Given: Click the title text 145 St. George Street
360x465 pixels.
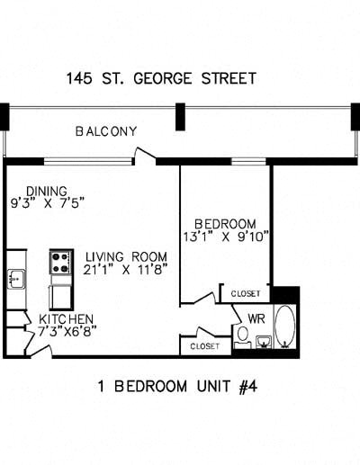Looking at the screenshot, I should pos(160,78).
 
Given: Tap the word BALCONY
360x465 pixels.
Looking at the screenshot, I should pos(106,131).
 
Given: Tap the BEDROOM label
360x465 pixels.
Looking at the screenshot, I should pos(226,224).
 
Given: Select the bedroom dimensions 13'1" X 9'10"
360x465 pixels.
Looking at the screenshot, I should pos(227,237).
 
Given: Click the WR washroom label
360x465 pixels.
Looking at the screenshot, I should pos(256,317).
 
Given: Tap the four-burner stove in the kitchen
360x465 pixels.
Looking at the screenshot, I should pos(61,263).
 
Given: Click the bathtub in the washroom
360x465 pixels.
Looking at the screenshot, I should pos(284,329).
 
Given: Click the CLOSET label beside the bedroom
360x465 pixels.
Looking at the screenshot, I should pos(245,294).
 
